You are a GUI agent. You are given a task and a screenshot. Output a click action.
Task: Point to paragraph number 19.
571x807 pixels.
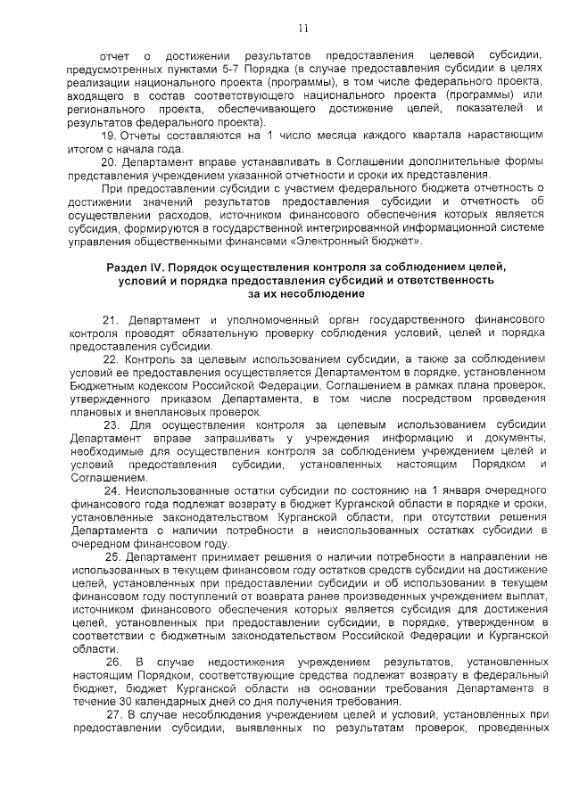pos(108,134)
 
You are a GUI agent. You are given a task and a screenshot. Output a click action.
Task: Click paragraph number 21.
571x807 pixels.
pos(110,319)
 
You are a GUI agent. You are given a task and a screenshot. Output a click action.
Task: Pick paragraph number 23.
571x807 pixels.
pos(110,424)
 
